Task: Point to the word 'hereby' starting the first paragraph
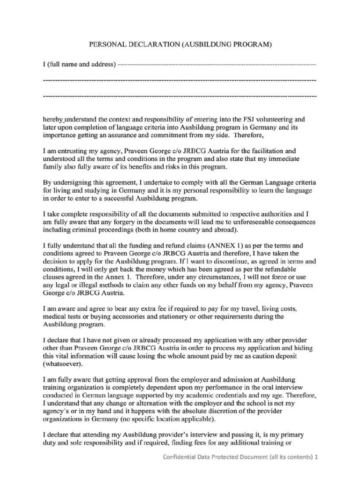52,120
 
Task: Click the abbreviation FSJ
237,120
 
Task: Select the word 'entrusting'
73,151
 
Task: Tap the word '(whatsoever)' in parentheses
62,363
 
